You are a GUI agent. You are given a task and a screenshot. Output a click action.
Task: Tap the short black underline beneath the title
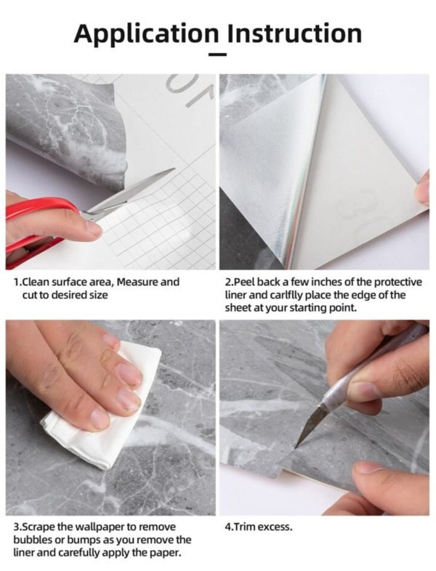click(x=217, y=54)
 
